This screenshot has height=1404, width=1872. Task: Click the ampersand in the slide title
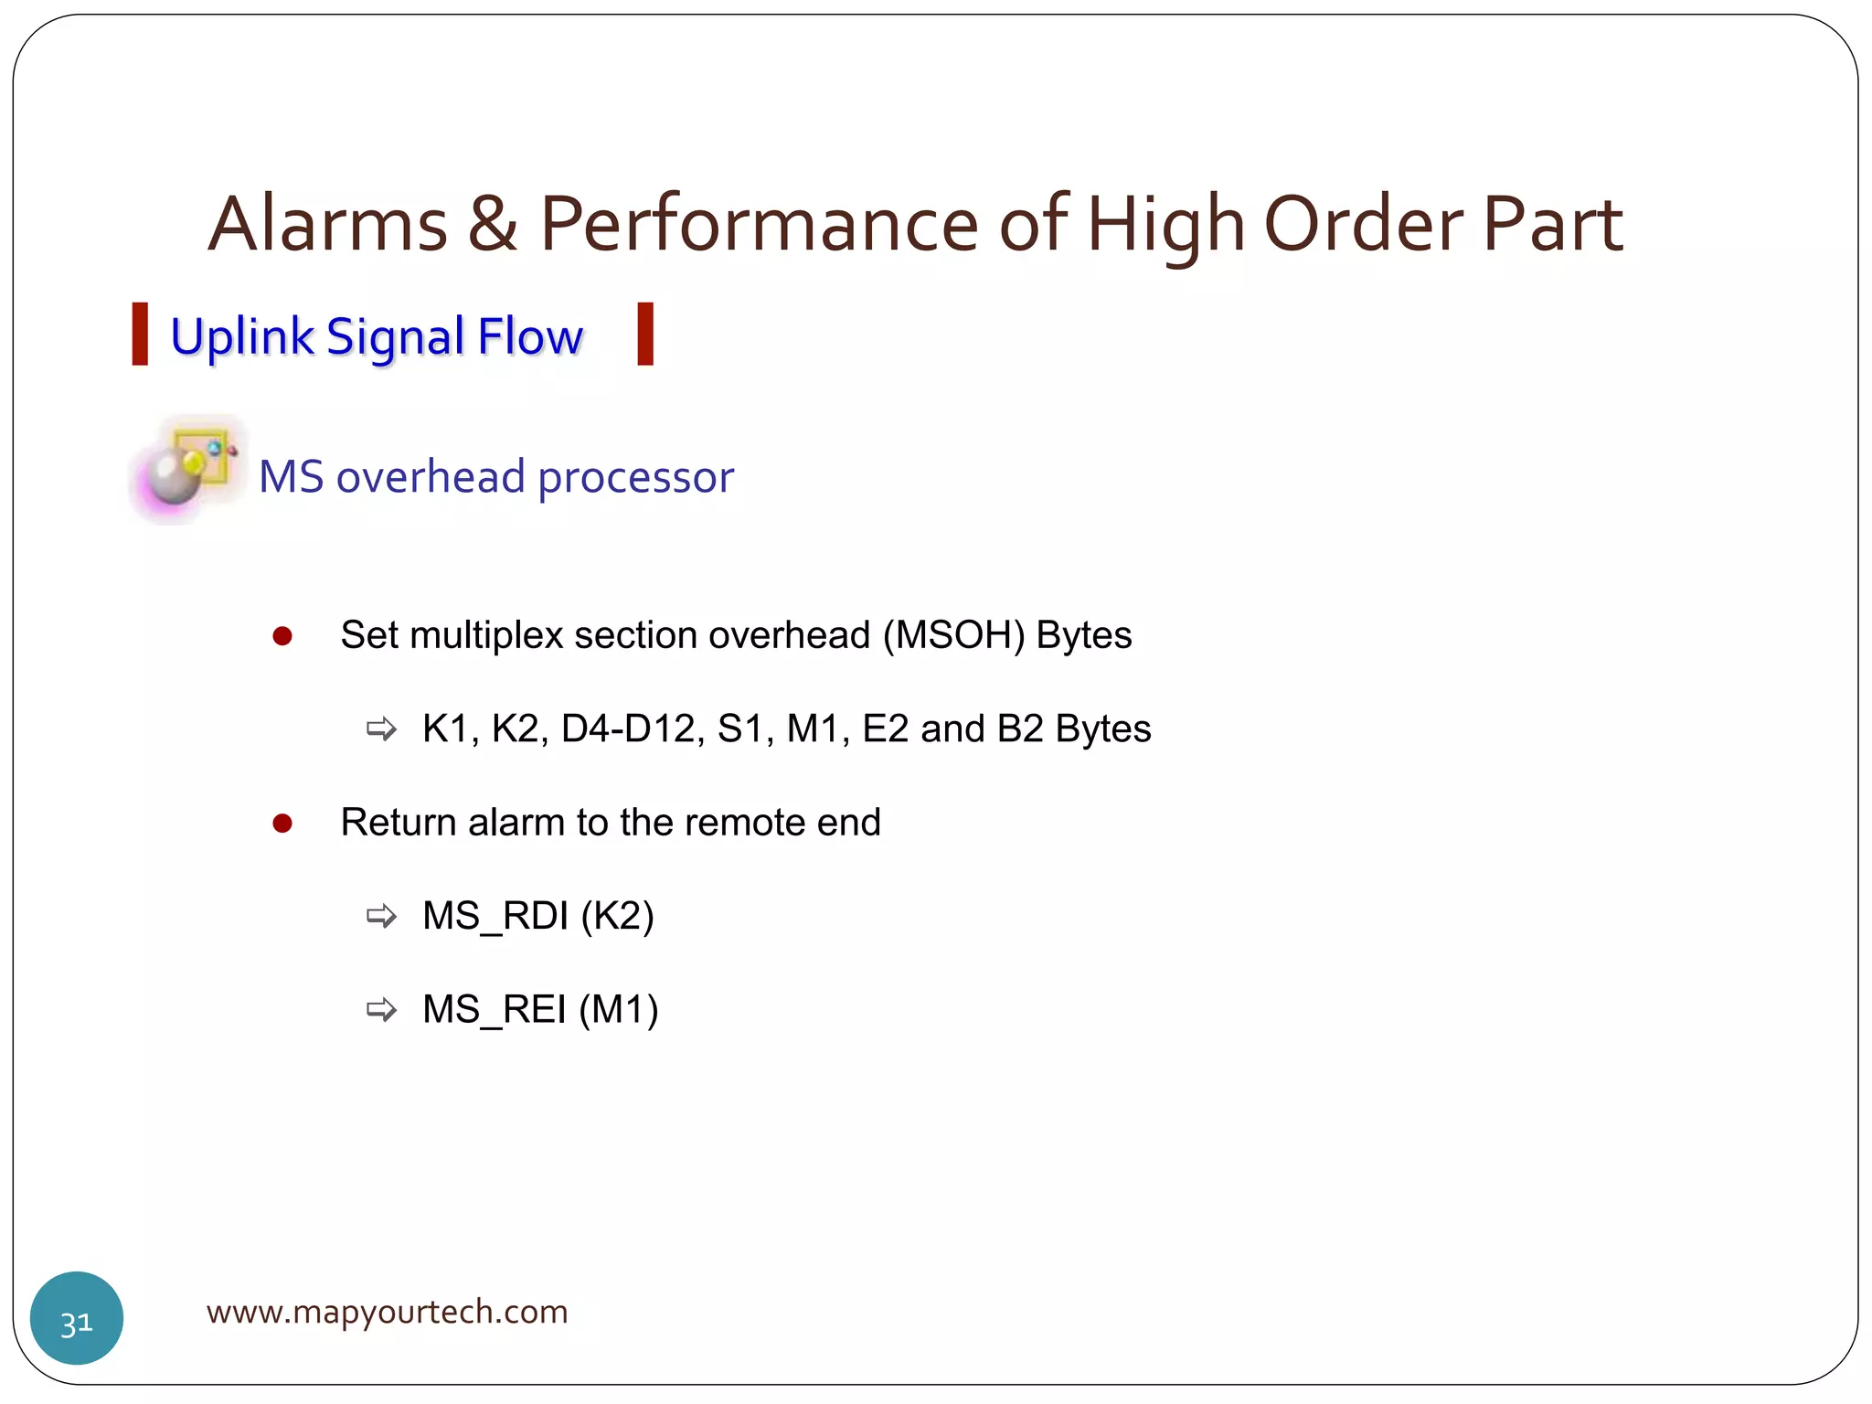493,226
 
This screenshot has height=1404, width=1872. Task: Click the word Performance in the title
759,224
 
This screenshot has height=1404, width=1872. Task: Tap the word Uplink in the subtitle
241,336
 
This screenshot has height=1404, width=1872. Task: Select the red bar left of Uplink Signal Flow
140,335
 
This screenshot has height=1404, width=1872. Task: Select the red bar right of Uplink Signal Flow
645,335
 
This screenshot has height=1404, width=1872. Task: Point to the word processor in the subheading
636,478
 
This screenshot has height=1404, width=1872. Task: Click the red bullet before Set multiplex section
282,636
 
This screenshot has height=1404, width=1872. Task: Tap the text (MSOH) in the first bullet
953,635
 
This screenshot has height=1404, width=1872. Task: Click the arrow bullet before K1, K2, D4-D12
381,729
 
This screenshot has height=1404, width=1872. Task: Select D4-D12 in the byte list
628,729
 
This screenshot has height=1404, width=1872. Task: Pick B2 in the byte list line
1020,729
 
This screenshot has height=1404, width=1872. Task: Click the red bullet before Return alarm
282,824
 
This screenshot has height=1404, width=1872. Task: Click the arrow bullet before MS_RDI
381,916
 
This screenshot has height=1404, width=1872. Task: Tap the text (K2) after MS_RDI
617,916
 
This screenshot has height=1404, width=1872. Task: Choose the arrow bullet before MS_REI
381,1010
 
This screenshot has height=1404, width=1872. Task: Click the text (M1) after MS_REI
619,1010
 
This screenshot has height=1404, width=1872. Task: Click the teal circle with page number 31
77,1318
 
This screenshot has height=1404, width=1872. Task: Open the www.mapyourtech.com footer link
387,1313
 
